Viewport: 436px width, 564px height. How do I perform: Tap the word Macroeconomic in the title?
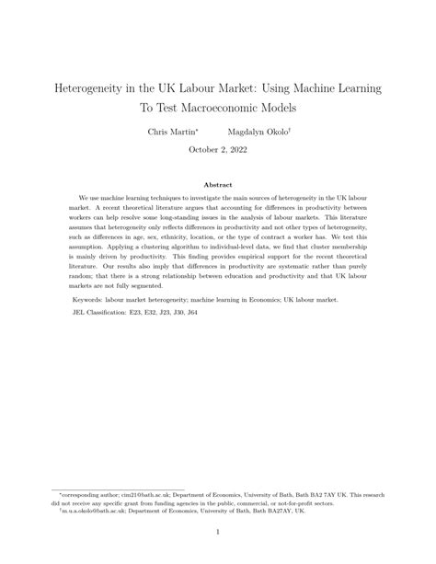259,107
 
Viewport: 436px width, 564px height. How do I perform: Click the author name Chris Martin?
171,132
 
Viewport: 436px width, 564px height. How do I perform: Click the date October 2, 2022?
217,149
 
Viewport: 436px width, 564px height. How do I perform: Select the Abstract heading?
218,185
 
